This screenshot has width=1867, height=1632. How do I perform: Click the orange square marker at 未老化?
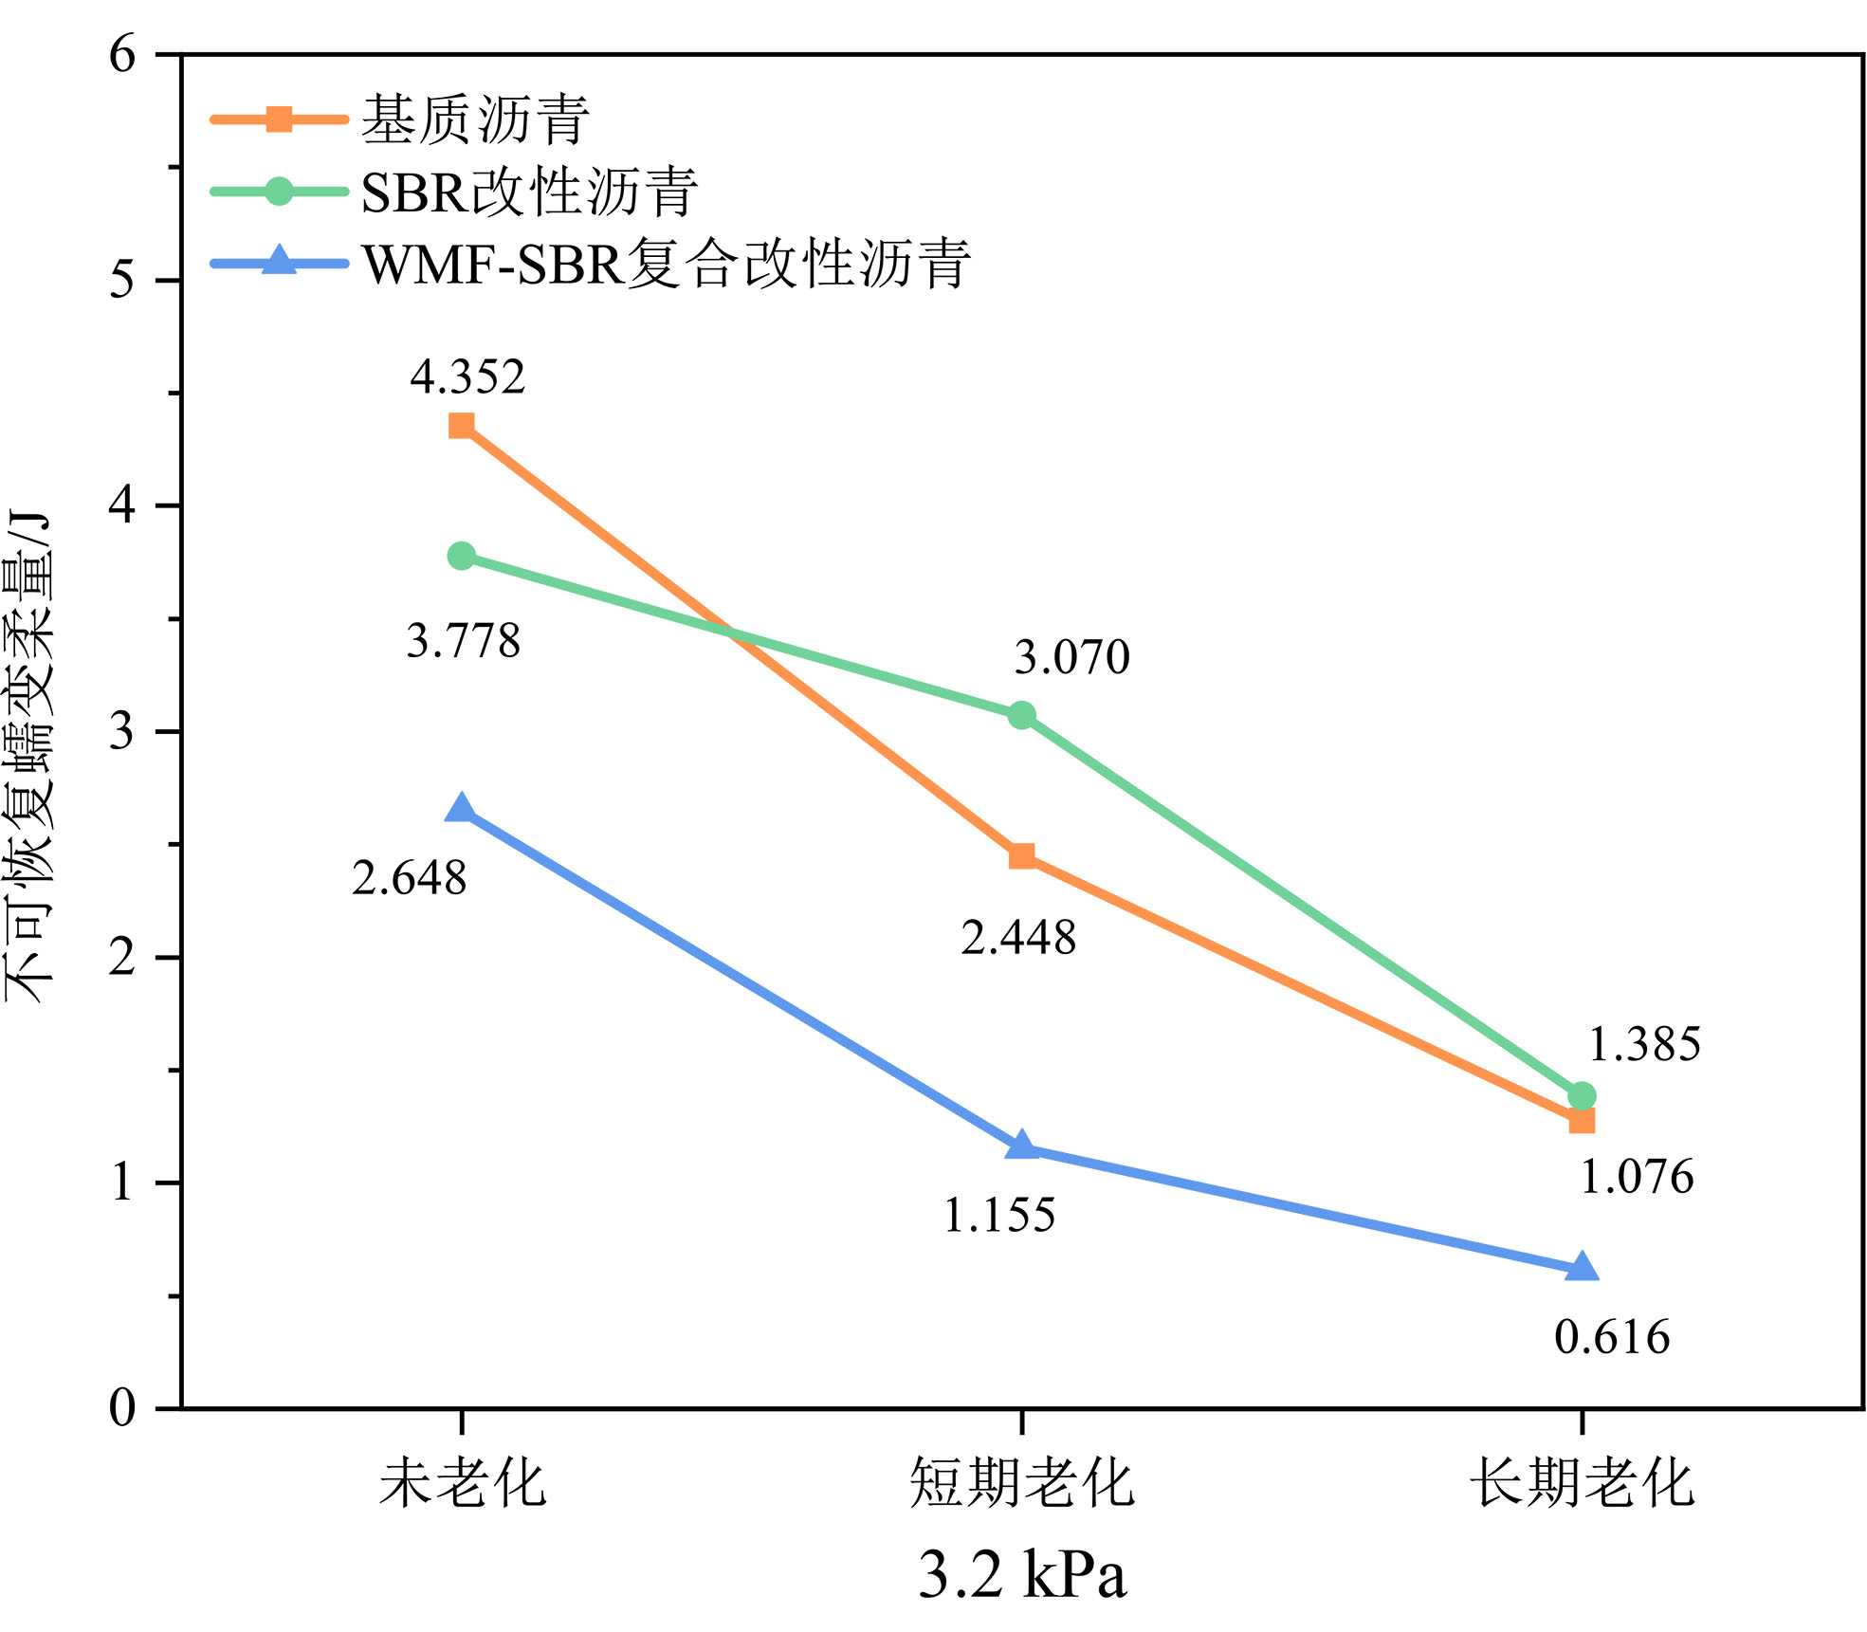click(x=462, y=425)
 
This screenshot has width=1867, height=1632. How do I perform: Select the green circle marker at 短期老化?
click(x=1021, y=715)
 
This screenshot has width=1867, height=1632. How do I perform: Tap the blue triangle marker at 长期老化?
click(x=1581, y=1268)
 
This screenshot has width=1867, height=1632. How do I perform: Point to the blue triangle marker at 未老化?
click(x=462, y=809)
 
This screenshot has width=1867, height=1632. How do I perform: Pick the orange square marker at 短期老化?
click(x=1021, y=856)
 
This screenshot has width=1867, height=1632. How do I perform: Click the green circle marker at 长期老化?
click(x=1581, y=1095)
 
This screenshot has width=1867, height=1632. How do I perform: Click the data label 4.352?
click(x=467, y=376)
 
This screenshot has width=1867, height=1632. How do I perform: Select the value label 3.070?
click(x=1072, y=657)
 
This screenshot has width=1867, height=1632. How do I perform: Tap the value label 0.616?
click(x=1612, y=1337)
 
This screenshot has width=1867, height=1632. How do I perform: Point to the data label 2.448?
click(x=1018, y=938)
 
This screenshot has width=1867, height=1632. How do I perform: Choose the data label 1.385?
click(x=1644, y=1044)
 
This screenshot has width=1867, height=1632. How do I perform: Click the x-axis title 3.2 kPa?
click(x=1022, y=1575)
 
